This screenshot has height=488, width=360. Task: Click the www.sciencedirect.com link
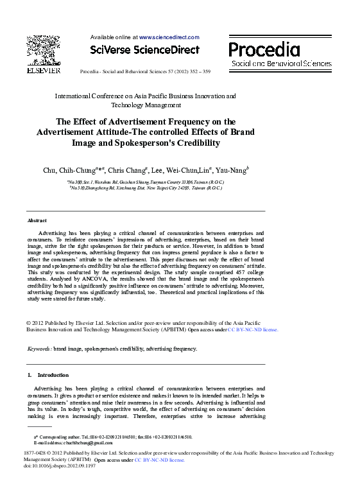(x=169, y=37)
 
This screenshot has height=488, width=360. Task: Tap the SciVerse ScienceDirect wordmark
(x=144, y=50)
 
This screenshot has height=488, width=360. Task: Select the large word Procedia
(x=264, y=49)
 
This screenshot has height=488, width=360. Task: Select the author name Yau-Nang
(x=232, y=170)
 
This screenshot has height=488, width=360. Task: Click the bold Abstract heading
(x=37, y=220)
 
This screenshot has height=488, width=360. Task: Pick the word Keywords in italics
(x=39, y=349)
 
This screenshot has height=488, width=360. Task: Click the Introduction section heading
(x=53, y=375)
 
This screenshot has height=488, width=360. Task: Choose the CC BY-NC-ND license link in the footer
(x=159, y=460)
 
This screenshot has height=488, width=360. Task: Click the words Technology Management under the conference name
(x=146, y=105)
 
